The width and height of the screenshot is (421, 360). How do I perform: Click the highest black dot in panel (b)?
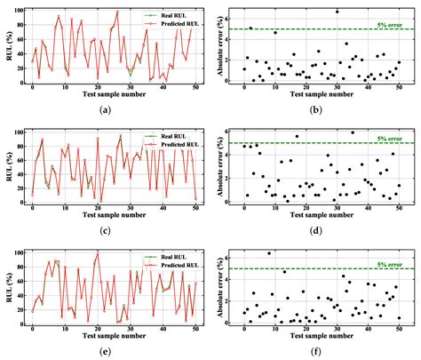[x=338, y=12]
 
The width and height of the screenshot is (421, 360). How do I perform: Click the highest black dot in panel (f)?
[x=269, y=253]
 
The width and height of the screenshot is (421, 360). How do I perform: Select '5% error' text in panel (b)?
[x=391, y=24]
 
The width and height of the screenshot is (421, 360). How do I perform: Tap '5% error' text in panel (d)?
[x=391, y=139]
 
